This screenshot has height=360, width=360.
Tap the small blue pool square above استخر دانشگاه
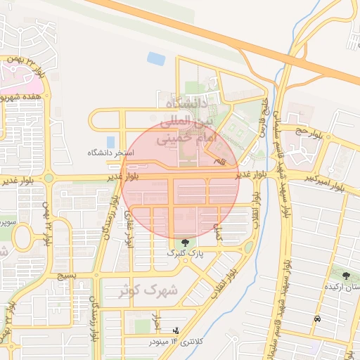click(110, 141)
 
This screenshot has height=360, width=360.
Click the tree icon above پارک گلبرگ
click(185, 242)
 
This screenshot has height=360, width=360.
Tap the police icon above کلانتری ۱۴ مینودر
click(175, 330)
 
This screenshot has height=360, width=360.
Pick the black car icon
click(317, 319)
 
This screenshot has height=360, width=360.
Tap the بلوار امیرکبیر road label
click(325, 182)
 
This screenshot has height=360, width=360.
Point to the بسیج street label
click(66, 276)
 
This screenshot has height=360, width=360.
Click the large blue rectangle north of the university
click(156, 59)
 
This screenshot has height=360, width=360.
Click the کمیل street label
click(219, 232)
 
